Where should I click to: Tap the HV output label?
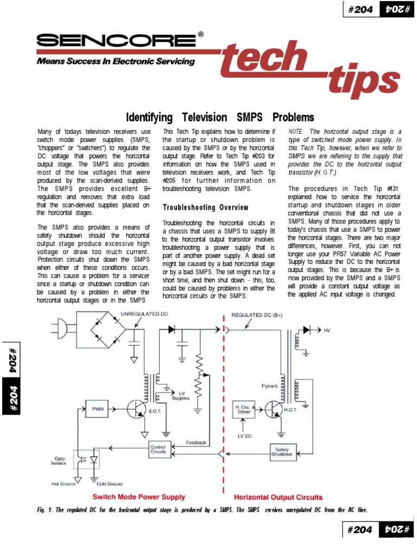[x=327, y=330]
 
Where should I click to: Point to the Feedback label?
[x=196, y=442]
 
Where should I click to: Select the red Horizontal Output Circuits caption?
[x=278, y=496]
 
